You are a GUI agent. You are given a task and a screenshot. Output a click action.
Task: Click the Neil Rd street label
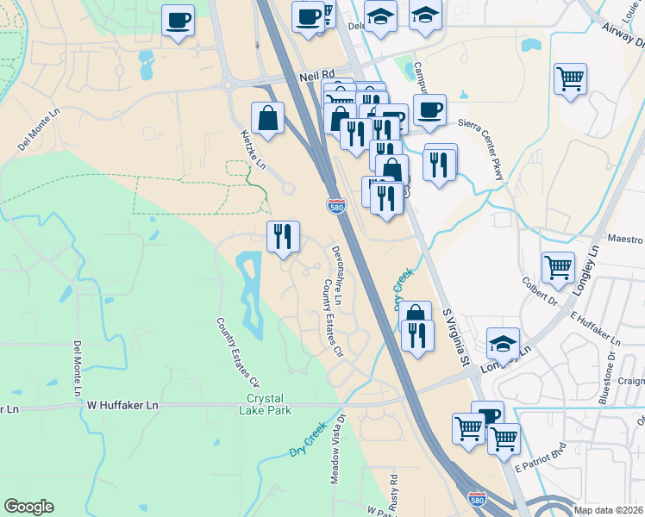click(x=316, y=76)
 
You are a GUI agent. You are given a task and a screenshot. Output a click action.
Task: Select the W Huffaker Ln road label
click(x=123, y=403)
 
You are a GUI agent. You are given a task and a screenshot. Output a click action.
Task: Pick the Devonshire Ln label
click(x=337, y=274)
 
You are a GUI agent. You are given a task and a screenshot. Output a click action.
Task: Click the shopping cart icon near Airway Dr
click(x=571, y=79)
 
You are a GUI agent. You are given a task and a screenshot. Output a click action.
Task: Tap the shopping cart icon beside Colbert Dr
click(x=558, y=266)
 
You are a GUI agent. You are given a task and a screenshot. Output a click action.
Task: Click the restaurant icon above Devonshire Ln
click(x=283, y=235)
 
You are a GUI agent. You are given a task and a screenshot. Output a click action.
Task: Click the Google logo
click(x=28, y=507)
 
